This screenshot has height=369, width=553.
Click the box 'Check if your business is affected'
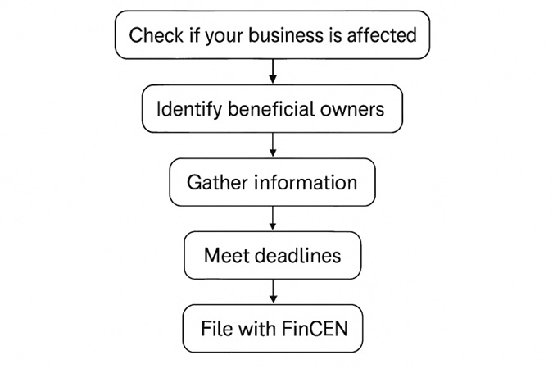pyautogui.click(x=272, y=35)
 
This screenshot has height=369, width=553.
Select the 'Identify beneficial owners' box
pyautogui.click(x=272, y=108)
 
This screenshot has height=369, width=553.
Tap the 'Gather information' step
pyautogui.click(x=272, y=182)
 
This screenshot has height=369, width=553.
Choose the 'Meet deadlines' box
pyautogui.click(x=272, y=255)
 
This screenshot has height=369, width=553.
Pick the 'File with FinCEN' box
pyautogui.click(x=272, y=329)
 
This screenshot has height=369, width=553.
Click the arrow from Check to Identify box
pyautogui.click(x=273, y=72)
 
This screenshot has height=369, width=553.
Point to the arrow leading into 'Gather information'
pyautogui.click(x=273, y=145)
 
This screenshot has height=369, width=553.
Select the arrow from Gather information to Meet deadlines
pyautogui.click(x=273, y=218)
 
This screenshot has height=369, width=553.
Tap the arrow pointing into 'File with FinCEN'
pyautogui.click(x=273, y=292)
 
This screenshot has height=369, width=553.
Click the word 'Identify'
pyautogui.click(x=184, y=108)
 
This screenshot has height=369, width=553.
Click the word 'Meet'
pyautogui.click(x=224, y=255)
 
